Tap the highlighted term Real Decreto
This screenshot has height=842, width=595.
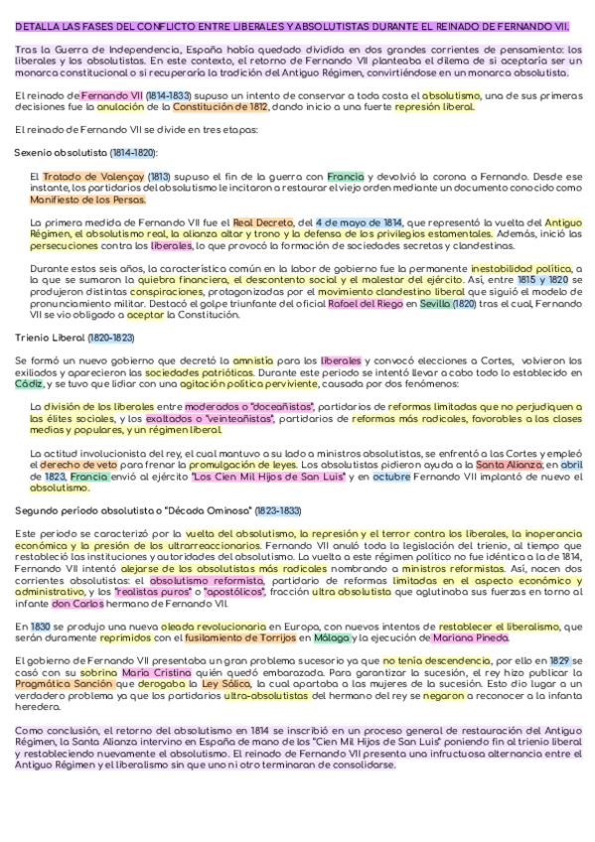[x=258, y=222]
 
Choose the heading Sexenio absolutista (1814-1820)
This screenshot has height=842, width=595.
[x=85, y=152]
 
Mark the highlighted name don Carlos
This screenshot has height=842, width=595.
[x=75, y=602]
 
